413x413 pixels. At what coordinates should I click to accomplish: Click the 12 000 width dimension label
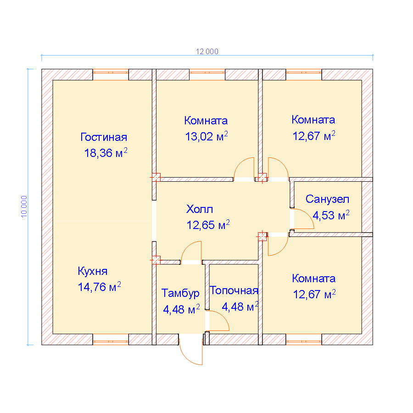[207, 51]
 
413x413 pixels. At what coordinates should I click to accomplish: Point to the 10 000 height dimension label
[24, 207]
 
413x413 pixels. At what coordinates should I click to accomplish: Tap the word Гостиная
[104, 137]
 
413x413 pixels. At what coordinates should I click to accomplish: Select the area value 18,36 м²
[106, 153]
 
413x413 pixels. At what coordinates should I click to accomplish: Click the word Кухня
[92, 271]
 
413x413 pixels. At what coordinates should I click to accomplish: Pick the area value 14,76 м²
[99, 287]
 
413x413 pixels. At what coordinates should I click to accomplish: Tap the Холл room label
[200, 209]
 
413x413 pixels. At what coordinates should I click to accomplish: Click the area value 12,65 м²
[208, 225]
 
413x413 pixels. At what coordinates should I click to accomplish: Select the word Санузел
[327, 199]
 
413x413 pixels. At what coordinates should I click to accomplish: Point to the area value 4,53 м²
[331, 215]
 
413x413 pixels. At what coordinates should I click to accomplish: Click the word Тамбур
[180, 293]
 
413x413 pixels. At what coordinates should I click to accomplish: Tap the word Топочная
[234, 290]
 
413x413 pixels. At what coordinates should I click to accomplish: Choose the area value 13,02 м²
[206, 136]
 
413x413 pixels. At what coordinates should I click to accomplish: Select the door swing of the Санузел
[309, 215]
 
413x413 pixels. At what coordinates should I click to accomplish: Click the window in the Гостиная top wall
[111, 74]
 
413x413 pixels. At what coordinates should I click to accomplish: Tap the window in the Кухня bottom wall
[111, 340]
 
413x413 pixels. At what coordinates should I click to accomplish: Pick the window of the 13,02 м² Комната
[207, 74]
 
